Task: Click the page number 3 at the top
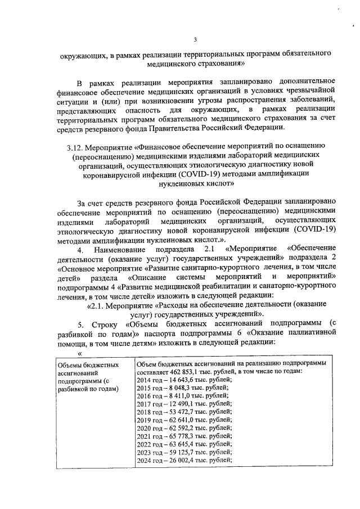coord(195,39)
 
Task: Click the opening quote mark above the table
coord(80,353)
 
